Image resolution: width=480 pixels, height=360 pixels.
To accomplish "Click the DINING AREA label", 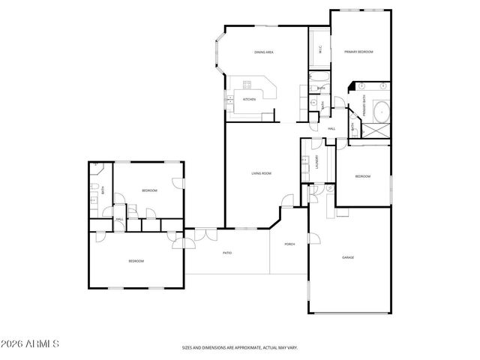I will point(264,52).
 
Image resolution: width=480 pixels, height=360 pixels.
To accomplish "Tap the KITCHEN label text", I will point(248,99).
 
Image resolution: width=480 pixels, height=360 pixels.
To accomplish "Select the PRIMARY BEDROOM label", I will point(358,52).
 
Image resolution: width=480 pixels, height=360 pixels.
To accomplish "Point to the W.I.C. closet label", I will point(320,50).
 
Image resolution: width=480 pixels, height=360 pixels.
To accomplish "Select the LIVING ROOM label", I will point(261,173).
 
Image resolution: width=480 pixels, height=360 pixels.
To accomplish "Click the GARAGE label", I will point(348,257).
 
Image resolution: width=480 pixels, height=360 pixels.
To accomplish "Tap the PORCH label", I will point(289,244).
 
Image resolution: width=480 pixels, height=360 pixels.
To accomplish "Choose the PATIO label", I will point(226,253).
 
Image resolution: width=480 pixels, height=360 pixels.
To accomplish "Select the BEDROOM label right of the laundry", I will point(362,176).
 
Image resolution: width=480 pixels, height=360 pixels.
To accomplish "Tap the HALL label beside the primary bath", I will point(331,129).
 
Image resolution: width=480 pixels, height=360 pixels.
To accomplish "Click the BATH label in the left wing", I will point(103,190).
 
